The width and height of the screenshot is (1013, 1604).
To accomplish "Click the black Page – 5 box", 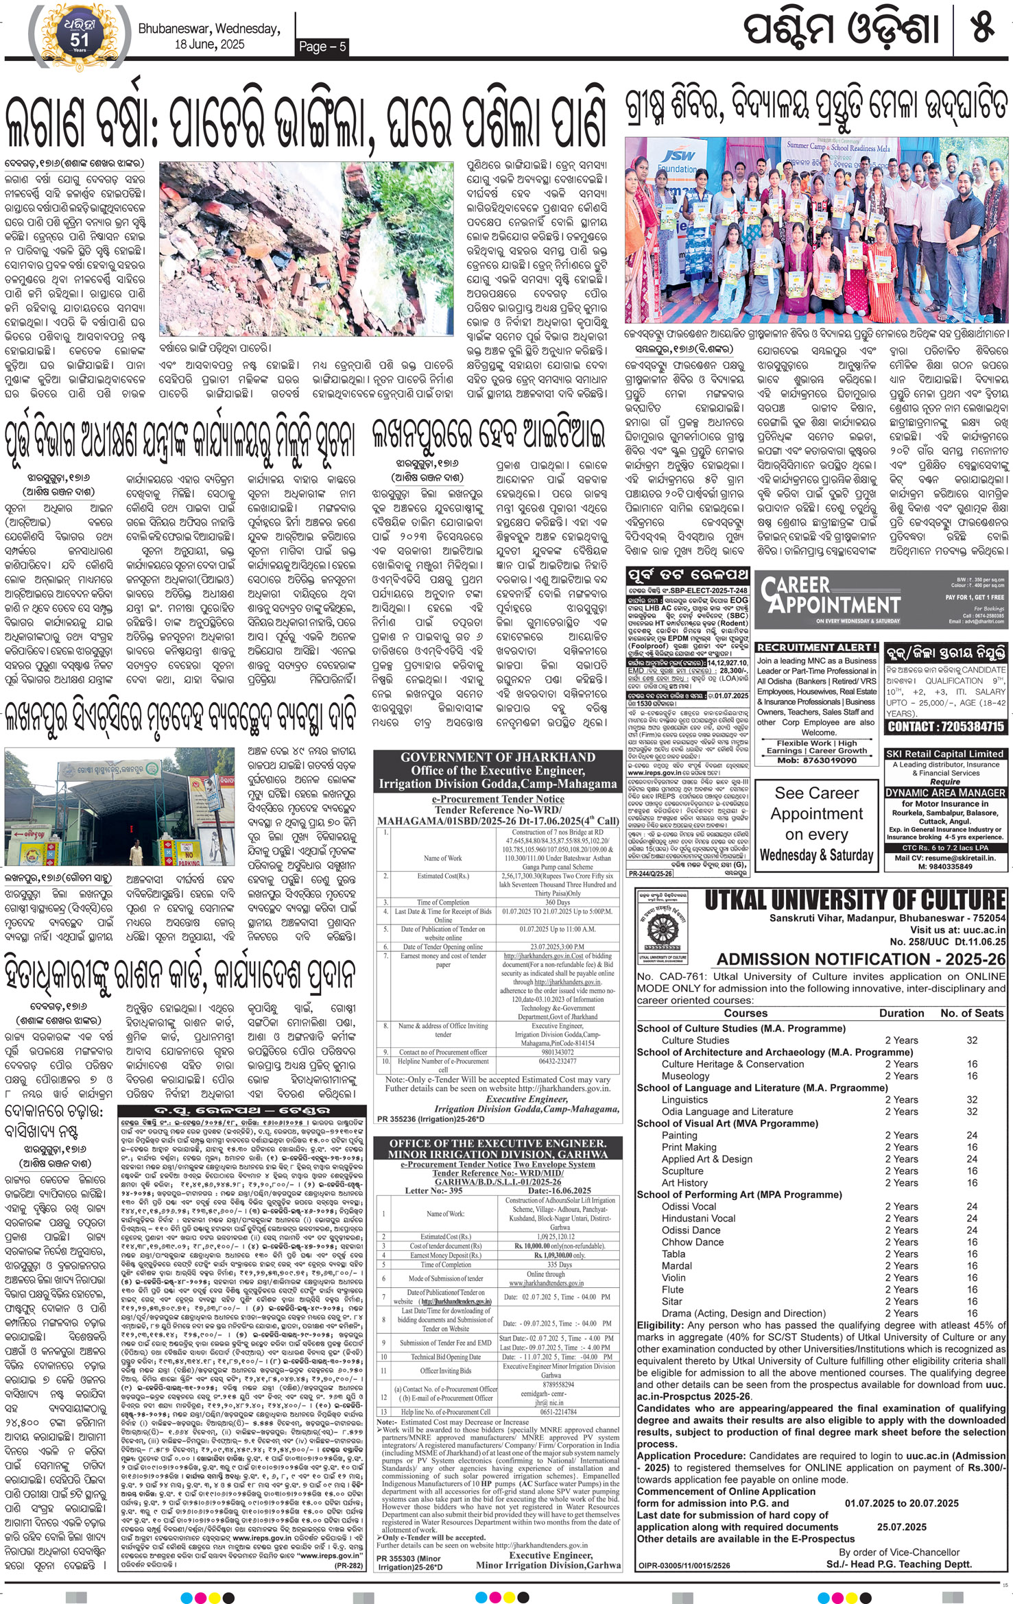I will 322,47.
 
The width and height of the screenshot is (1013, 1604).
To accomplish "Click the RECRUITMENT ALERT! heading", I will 817,647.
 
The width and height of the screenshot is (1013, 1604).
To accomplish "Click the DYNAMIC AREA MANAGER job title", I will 944,792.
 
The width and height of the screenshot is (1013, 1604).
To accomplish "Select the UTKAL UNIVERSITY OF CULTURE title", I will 855,900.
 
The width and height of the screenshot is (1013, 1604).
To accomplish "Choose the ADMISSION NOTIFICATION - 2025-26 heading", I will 861,959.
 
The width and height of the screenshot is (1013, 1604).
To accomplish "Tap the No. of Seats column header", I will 972,1013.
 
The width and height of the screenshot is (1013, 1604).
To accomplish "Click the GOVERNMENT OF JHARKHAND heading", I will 497,757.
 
